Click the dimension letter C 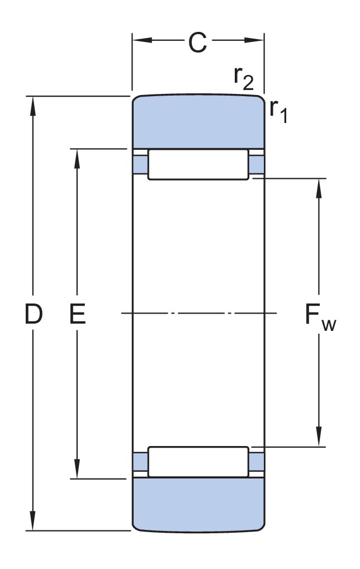pyautogui.click(x=197, y=42)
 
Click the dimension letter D pyautogui.click(x=34, y=315)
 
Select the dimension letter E pyautogui.click(x=77, y=315)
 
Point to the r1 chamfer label pyautogui.click(x=278, y=109)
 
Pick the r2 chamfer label pyautogui.click(x=243, y=79)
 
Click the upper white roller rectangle pyautogui.click(x=198, y=164)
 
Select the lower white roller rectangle pyautogui.click(x=198, y=462)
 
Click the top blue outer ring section pyautogui.click(x=198, y=121)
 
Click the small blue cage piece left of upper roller pyautogui.click(x=140, y=164)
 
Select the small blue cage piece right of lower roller pyautogui.click(x=257, y=462)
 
